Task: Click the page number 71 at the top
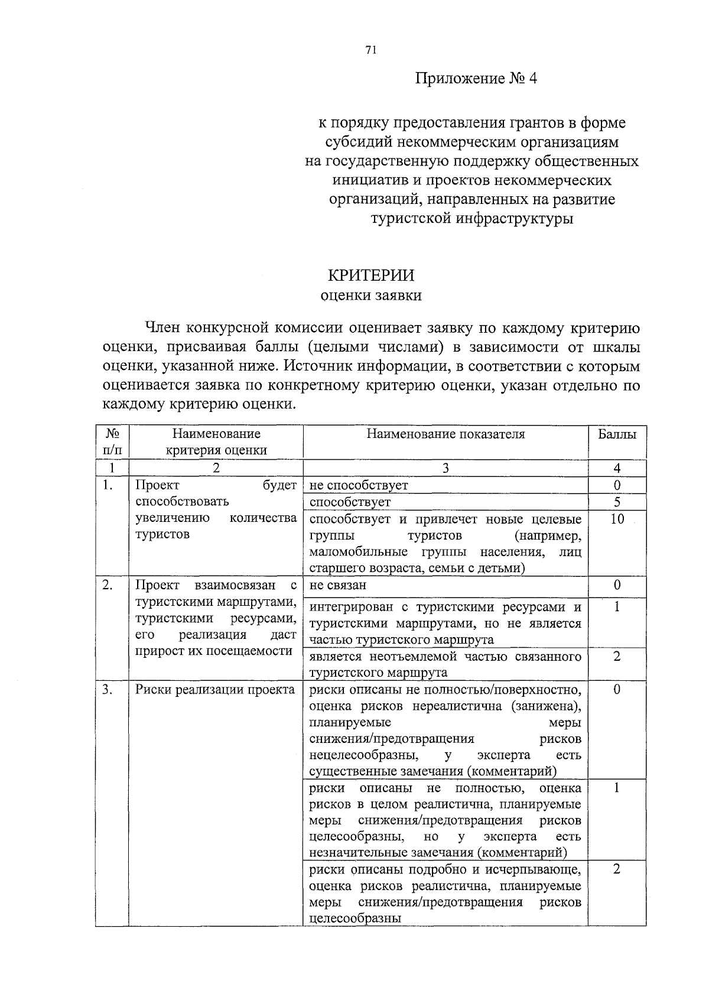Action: pos(371,51)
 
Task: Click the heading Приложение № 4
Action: pos(476,79)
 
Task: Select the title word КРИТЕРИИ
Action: pos(371,275)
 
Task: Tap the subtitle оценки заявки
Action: pos(371,296)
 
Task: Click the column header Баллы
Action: pos(617,434)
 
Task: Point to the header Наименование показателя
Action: pos(445,434)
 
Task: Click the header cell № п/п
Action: pos(112,442)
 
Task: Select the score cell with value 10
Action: pos(617,520)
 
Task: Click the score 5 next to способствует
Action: pos(617,502)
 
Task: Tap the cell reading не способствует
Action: pos(359,486)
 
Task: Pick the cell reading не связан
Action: pos(337,585)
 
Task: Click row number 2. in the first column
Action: pos(108,585)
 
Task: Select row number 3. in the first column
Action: pos(108,690)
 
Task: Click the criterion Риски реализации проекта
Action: pos(215,690)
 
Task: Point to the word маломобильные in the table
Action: pos(350,552)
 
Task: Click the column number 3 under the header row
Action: pos(445,469)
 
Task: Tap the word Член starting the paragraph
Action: pos(161,328)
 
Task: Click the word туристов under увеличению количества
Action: pos(162,534)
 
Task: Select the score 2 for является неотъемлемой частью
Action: pos(617,657)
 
